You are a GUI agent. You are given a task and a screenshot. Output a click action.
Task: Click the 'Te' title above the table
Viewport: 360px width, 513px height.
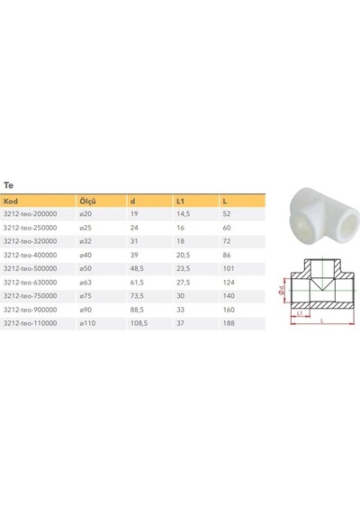[x=8, y=185]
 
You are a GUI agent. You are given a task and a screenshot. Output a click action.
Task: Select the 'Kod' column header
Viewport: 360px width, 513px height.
[x=11, y=201]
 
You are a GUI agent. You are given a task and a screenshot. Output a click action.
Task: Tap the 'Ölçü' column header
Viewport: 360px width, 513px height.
[x=87, y=202]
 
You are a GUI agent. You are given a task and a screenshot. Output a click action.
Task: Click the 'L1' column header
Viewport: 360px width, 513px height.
[x=180, y=202]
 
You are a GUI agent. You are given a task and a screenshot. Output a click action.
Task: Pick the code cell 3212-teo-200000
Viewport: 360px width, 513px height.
[x=30, y=214]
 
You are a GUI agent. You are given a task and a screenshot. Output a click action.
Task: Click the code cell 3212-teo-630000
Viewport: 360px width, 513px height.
[x=30, y=283]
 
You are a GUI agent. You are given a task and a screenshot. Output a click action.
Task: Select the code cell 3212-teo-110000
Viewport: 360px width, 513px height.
[x=30, y=323]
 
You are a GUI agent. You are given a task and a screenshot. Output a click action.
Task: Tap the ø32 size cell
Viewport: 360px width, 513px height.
[x=85, y=241]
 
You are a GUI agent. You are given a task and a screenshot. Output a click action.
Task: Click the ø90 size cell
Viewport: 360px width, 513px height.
[x=85, y=310]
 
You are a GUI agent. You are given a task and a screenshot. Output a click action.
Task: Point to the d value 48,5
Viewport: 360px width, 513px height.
[x=137, y=268]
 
